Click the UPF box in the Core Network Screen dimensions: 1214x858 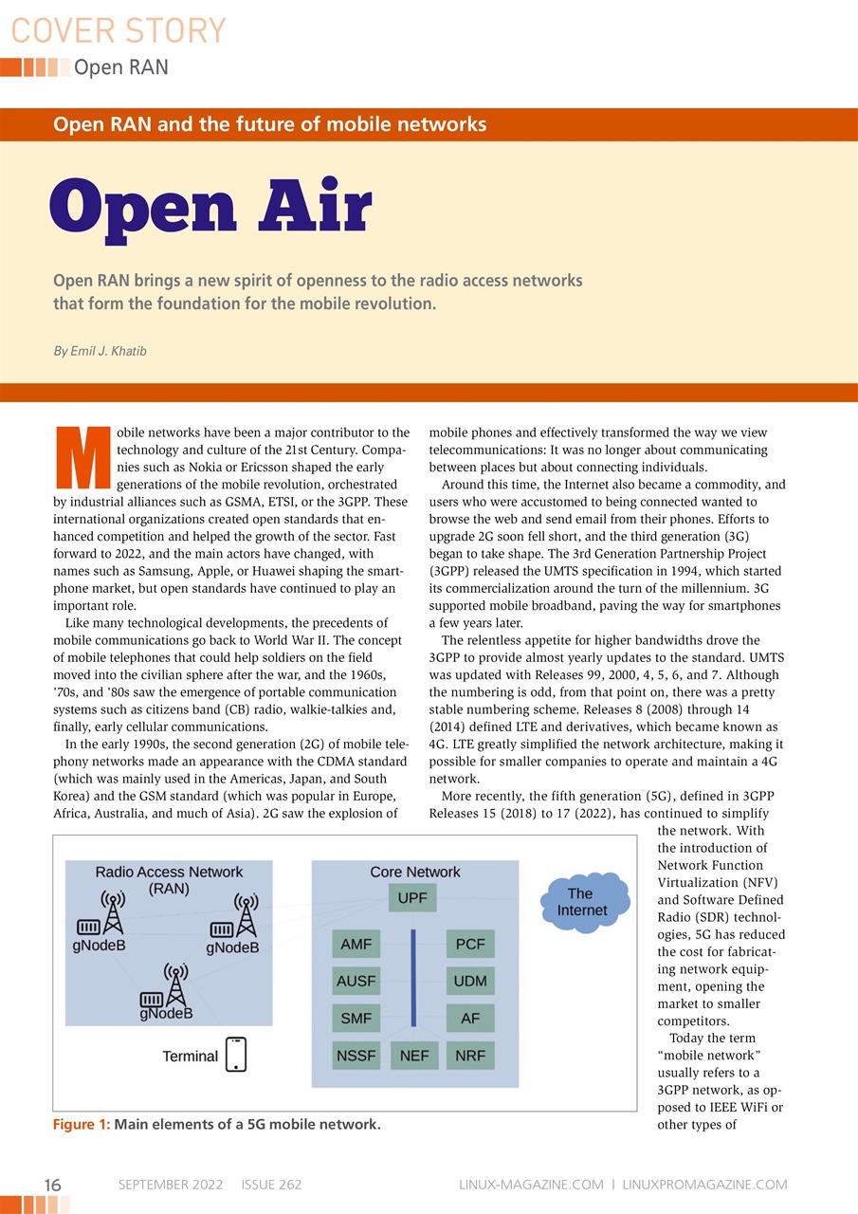[412, 897]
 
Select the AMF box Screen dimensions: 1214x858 [356, 945]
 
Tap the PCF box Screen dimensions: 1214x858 [470, 945]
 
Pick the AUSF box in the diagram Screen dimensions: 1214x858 [356, 982]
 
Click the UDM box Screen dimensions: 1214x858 [470, 982]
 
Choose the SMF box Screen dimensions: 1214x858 [356, 1019]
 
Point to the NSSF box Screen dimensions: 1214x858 [356, 1055]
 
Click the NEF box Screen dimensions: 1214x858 [413, 1055]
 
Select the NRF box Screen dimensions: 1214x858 [470, 1055]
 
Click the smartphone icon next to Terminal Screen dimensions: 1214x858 [235, 1054]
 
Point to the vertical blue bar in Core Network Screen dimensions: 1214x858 [413, 977]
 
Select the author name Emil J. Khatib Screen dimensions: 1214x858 [100, 351]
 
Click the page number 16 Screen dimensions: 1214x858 [53, 1185]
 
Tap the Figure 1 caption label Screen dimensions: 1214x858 [81, 1125]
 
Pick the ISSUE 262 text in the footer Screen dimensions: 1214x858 [271, 1185]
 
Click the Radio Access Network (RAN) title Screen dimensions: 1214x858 [169, 880]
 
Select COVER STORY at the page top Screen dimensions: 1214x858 [119, 30]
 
